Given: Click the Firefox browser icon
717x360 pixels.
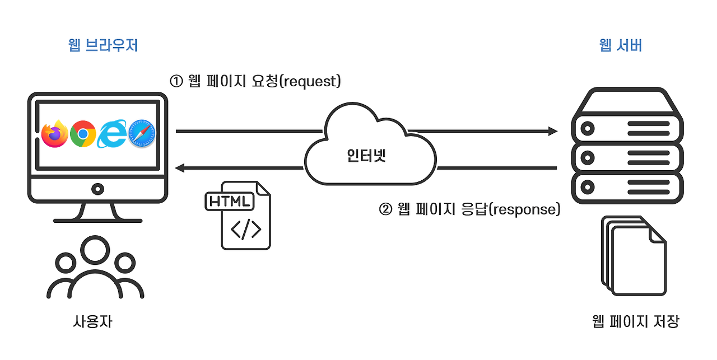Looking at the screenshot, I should tap(54, 134).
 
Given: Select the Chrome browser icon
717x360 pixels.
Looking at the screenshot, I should tap(83, 134).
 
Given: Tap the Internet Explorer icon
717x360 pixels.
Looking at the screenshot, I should tap(112, 134).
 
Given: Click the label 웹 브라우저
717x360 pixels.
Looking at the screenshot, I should tap(103, 46).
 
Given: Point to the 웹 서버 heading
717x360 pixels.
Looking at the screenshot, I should tap(621, 46).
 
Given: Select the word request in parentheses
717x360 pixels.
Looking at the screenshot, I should tap(309, 82).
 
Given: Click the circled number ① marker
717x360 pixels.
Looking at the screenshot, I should tap(176, 82).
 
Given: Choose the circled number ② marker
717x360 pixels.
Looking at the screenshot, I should tap(386, 210).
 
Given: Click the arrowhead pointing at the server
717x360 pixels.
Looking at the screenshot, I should tap(553, 131).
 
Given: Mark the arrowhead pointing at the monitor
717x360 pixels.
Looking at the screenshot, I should tap(180, 167).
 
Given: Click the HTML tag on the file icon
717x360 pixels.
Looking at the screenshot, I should tap(230, 202).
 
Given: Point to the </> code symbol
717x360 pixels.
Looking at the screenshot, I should tap(246, 230).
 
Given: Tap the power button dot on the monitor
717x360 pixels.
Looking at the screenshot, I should tap(98, 189).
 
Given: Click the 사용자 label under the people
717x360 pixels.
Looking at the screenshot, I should tap(92, 322).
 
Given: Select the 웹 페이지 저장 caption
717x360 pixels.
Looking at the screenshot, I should tap(635, 322).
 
